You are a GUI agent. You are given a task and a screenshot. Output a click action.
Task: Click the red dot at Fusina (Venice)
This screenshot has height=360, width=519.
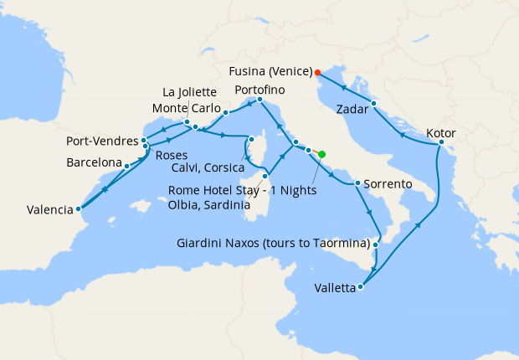[317, 71]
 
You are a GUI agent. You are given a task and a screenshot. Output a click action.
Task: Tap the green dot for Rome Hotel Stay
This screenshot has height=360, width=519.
[322, 153]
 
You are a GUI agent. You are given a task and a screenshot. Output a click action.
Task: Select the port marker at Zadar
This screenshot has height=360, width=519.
[374, 104]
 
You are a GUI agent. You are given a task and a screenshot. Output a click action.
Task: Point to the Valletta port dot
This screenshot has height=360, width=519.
[361, 287]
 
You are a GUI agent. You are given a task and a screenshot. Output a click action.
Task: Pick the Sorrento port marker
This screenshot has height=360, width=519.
[357, 183]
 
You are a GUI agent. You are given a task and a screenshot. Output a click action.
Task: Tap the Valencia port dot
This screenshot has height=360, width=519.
[78, 209]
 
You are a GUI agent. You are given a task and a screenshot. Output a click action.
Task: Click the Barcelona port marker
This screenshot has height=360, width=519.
[126, 166]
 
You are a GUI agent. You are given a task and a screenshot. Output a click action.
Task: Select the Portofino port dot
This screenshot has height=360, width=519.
[259, 100]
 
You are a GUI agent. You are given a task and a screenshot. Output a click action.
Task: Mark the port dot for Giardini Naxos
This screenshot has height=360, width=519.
[377, 244]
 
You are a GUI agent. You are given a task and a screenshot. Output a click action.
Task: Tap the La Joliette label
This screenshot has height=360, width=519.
[189, 92]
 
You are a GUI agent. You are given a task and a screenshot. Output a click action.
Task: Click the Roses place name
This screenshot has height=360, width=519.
[172, 155]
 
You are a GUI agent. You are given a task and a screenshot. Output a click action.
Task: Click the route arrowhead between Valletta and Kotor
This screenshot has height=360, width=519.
[417, 224]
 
